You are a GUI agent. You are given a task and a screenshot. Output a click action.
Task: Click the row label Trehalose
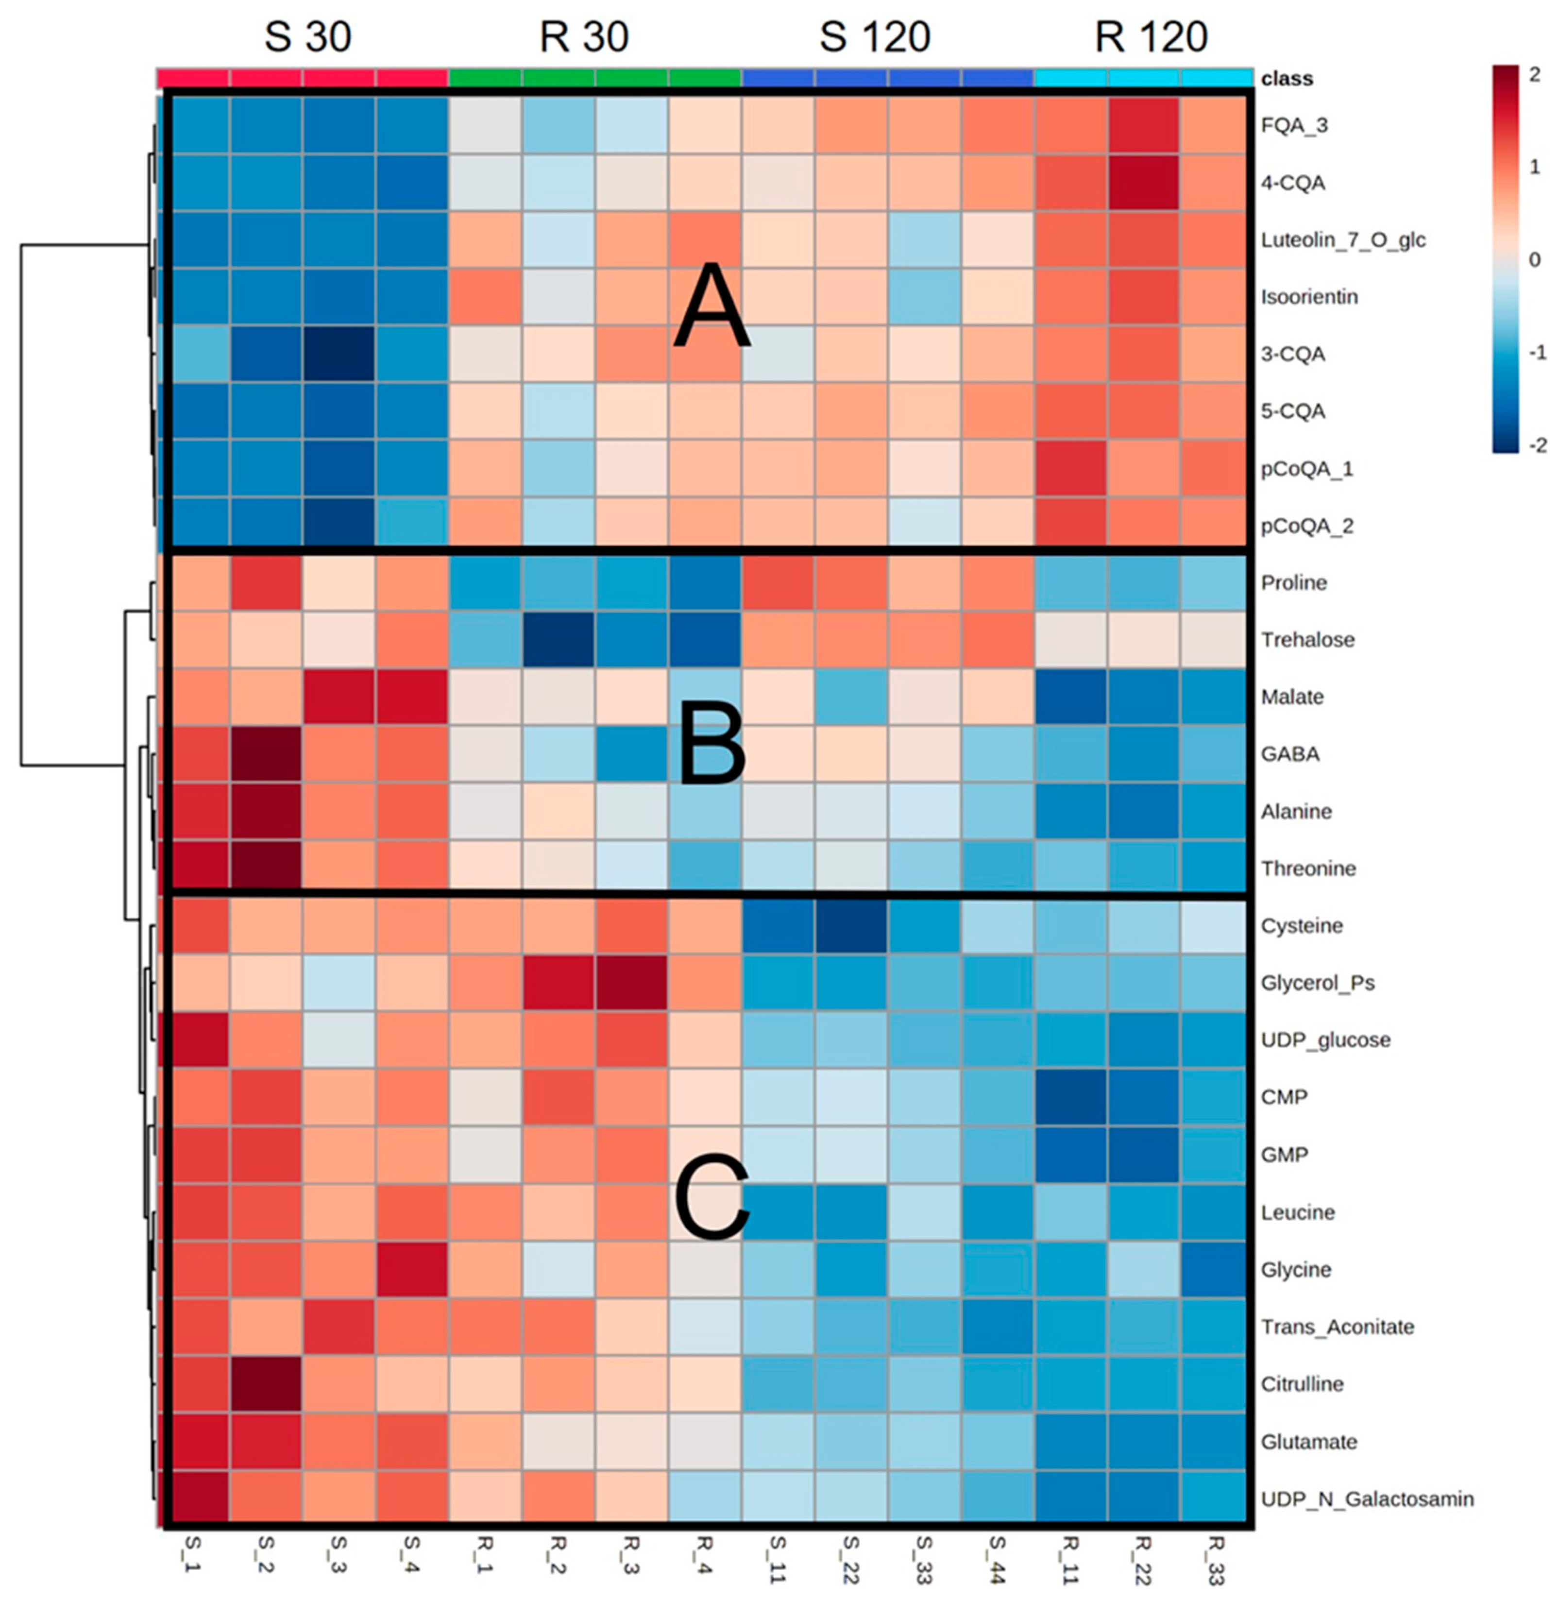[x=1307, y=640]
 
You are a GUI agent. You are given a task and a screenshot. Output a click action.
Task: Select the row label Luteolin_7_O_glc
[x=1343, y=240]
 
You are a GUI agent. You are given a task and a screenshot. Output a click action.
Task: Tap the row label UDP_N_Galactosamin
[x=1367, y=1499]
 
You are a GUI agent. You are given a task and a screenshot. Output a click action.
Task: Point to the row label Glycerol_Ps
[x=1318, y=983]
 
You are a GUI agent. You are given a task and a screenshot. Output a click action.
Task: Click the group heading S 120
[x=875, y=37]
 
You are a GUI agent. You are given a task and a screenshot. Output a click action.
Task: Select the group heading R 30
[x=584, y=37]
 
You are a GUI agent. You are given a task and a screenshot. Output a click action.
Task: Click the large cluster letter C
[x=712, y=1196]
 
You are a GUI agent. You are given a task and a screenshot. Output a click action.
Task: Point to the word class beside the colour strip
[x=1287, y=79]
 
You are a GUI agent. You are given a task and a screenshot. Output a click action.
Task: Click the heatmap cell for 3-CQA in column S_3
[x=339, y=354]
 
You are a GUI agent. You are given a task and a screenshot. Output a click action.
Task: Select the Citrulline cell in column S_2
[x=266, y=1384]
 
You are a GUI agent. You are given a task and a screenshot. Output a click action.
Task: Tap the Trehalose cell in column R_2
[x=558, y=640]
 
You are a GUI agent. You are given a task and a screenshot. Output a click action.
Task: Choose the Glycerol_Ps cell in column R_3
[x=631, y=983]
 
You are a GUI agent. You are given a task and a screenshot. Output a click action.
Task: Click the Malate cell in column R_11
[x=1070, y=697]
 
